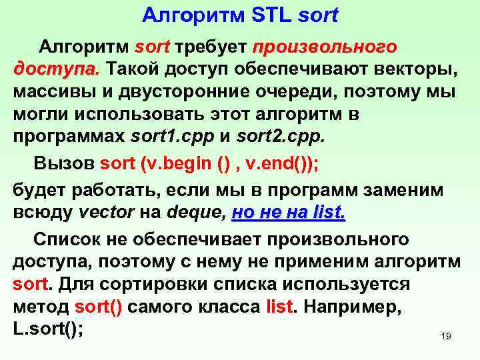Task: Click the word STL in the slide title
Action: coord(273,14)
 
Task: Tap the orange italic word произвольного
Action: coord(325,48)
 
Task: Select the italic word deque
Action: coord(193,212)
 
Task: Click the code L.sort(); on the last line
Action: coord(49,329)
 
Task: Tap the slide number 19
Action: coord(446,337)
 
